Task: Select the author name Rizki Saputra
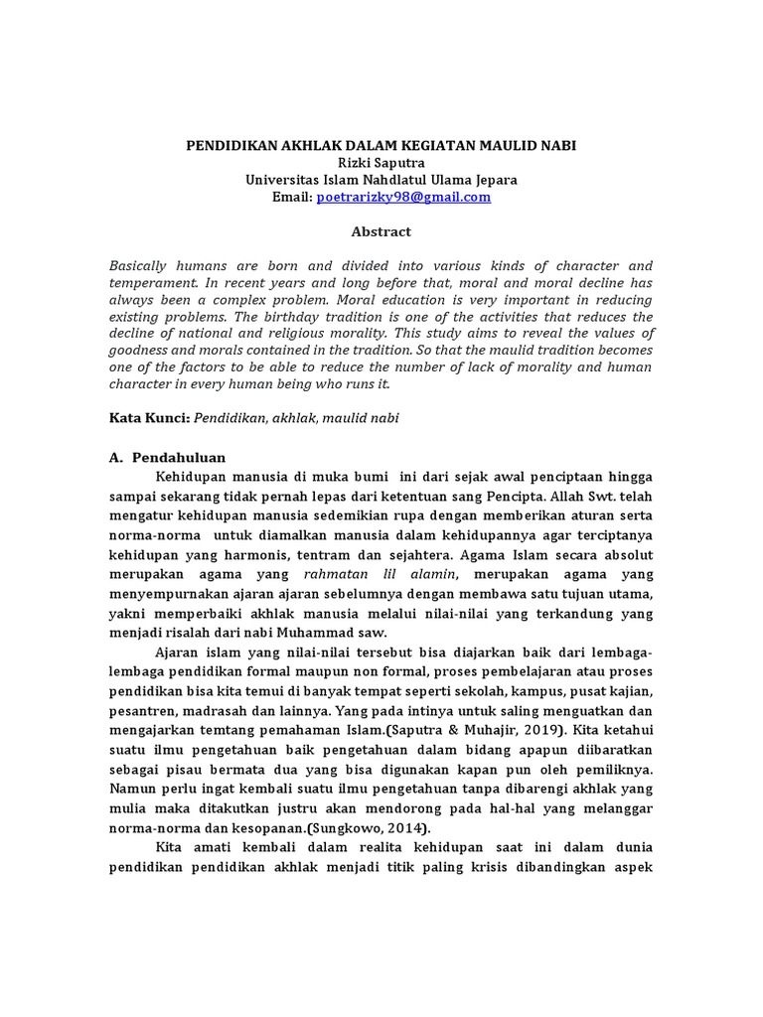point(381,162)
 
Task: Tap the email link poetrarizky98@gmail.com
point(403,197)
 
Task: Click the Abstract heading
point(381,231)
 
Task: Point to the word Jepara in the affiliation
point(491,180)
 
